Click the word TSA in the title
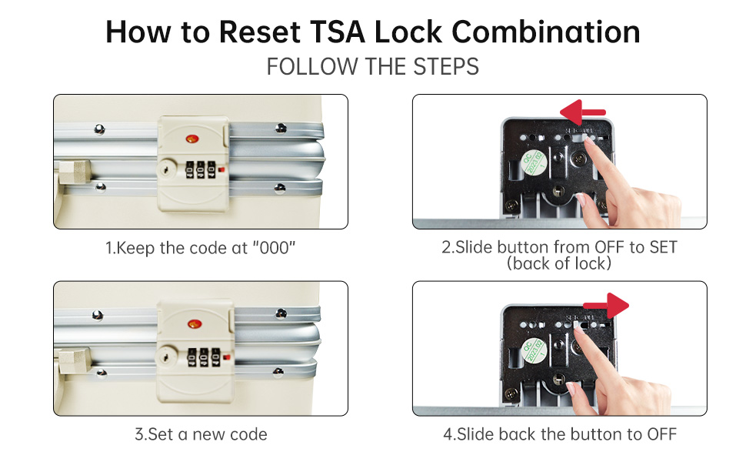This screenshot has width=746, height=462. pyautogui.click(x=337, y=32)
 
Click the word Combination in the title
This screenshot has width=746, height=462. pyautogui.click(x=545, y=32)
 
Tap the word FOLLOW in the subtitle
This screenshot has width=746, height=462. pyautogui.click(x=312, y=66)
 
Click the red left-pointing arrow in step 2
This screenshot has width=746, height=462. pyautogui.click(x=583, y=112)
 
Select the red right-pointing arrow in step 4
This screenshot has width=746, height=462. pyautogui.click(x=606, y=305)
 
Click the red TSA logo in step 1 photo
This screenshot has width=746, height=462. pyautogui.click(x=192, y=139)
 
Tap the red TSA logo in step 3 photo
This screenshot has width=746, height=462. pyautogui.click(x=194, y=324)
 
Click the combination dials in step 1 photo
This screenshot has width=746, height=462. pyautogui.click(x=200, y=170)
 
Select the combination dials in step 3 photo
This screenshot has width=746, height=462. pyautogui.click(x=204, y=357)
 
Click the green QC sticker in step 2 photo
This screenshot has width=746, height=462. pyautogui.click(x=534, y=163)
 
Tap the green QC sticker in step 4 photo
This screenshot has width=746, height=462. pyautogui.click(x=534, y=351)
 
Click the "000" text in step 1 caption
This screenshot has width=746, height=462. pyautogui.click(x=274, y=248)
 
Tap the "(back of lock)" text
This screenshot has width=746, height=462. pyautogui.click(x=559, y=263)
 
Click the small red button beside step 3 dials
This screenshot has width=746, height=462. pyautogui.click(x=226, y=357)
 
